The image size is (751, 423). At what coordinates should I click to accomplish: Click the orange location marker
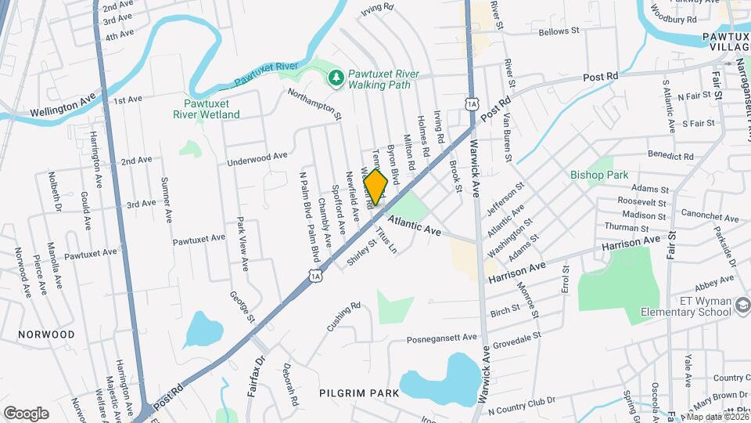pyautogui.click(x=376, y=186)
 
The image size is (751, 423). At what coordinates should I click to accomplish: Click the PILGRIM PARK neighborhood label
pyautogui.click(x=359, y=392)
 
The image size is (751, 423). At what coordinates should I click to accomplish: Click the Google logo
pyautogui.click(x=26, y=413)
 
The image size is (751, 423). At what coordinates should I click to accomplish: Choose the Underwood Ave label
pyautogui.click(x=257, y=159)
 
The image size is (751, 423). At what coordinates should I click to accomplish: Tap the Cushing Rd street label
pyautogui.click(x=344, y=316)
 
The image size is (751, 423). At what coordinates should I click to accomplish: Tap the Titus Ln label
pyautogui.click(x=387, y=240)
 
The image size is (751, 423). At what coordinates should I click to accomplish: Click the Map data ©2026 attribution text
pyautogui.click(x=716, y=417)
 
